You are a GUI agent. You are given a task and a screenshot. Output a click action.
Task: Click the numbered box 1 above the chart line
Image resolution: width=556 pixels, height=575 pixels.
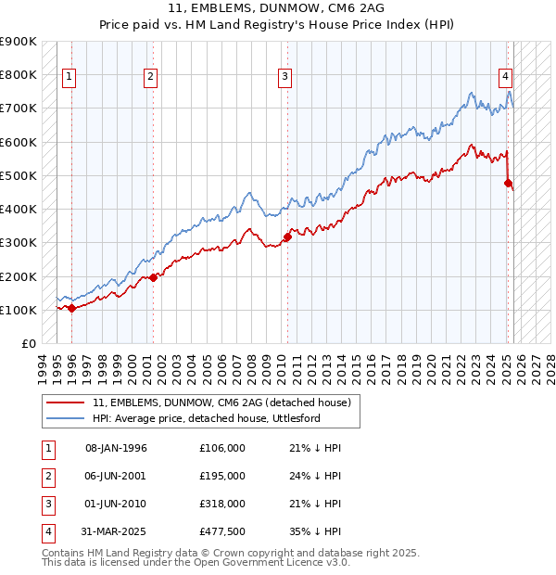pos(69,78)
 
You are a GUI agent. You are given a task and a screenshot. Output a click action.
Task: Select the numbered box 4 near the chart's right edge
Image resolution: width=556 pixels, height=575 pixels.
pos(506,78)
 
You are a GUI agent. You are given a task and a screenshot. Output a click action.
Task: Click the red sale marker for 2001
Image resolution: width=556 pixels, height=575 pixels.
pos(153,277)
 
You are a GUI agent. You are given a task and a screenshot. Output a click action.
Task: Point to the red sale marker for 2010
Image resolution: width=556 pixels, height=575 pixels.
pos(287,236)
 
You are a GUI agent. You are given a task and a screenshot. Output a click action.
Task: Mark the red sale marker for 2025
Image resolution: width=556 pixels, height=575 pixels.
pos(508,183)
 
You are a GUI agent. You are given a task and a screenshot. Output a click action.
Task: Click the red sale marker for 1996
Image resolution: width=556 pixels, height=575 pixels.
pos(71,308)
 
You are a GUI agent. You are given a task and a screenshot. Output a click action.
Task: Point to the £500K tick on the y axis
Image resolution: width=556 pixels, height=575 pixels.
pos(19,175)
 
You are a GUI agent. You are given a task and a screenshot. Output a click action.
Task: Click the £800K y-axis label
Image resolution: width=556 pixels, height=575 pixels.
pos(19,74)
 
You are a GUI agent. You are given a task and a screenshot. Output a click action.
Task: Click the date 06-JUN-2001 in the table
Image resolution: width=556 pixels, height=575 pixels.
pos(116,476)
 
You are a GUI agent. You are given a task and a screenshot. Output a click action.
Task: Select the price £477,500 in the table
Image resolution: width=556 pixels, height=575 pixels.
pos(222,531)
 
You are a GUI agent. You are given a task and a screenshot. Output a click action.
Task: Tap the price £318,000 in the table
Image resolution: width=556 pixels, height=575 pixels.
pos(222,504)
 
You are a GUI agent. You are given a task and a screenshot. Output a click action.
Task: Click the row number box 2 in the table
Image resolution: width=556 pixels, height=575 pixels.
pos(46,476)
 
